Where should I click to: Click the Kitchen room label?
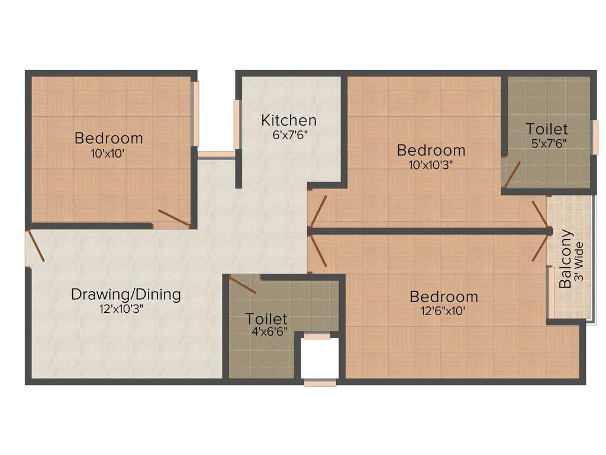pyautogui.click(x=289, y=120)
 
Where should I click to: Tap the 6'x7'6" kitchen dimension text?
pyautogui.click(x=289, y=134)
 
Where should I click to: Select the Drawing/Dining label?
pyautogui.click(x=125, y=294)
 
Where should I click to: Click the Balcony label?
pyautogui.click(x=566, y=258)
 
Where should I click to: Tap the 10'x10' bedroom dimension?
pyautogui.click(x=108, y=153)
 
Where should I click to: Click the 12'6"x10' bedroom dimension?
pyautogui.click(x=443, y=310)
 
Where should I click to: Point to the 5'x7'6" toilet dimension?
pyautogui.click(x=547, y=143)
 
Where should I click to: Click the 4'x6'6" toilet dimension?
pyautogui.click(x=267, y=332)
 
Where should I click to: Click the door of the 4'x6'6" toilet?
pyautogui.click(x=243, y=284)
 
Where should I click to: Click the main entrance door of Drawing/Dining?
pyautogui.click(x=35, y=245)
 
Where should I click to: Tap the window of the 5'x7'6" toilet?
pyautogui.click(x=594, y=137)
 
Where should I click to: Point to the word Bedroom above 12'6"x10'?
pyautogui.click(x=443, y=297)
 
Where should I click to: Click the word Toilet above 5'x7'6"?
pyautogui.click(x=547, y=129)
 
